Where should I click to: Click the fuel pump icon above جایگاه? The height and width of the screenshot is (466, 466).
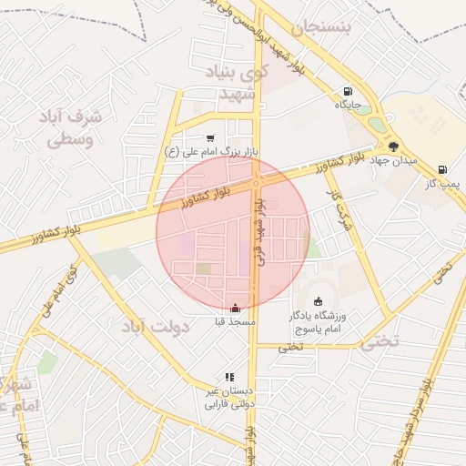coord(348,92)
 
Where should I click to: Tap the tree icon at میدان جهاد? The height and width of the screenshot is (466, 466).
coord(393,146)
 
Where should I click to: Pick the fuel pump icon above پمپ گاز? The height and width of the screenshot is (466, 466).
coord(442,169)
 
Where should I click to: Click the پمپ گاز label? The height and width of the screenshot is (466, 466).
coord(445,184)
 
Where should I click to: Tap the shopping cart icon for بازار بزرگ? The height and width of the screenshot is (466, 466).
coord(211,138)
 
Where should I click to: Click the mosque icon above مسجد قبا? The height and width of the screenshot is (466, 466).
coord(237,308)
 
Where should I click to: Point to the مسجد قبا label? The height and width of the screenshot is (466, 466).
coord(235,322)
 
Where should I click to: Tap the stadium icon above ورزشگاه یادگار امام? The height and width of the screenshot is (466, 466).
coord(319,301)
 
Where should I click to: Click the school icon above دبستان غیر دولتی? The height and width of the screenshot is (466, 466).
coord(229,376)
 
